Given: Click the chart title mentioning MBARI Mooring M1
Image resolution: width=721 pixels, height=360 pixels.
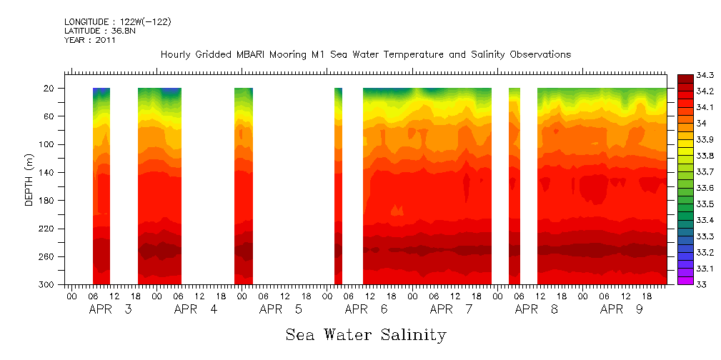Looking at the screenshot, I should point(365,55).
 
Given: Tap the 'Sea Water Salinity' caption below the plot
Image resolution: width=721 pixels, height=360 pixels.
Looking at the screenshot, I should point(365,334).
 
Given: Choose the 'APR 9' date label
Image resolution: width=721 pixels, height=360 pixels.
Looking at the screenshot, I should point(622,309).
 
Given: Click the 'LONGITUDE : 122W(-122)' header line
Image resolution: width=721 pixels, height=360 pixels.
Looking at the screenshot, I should point(118,22).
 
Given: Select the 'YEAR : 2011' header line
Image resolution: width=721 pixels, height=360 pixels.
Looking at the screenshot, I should point(90,40).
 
